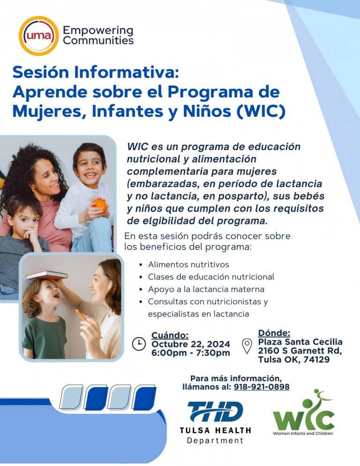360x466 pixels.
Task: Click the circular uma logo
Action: click(x=38, y=36)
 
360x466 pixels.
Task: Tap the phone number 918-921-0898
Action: click(x=261, y=387)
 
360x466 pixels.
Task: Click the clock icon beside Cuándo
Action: click(x=139, y=344)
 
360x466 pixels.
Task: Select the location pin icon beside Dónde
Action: click(x=247, y=346)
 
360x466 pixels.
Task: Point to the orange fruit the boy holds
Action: click(x=99, y=204)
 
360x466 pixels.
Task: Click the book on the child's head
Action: click(x=46, y=276)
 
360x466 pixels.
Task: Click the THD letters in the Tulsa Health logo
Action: click(x=215, y=412)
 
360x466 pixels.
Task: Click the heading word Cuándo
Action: click(x=170, y=335)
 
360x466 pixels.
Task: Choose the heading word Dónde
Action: click(x=274, y=333)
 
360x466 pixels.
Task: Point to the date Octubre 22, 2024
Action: click(x=190, y=344)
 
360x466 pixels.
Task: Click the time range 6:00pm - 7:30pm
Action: click(x=190, y=353)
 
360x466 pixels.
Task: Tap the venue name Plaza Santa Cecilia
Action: click(x=300, y=342)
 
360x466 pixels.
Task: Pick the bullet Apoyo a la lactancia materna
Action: click(x=206, y=289)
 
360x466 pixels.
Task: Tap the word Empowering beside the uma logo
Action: click(x=98, y=31)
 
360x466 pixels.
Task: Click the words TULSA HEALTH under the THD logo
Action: click(x=215, y=430)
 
